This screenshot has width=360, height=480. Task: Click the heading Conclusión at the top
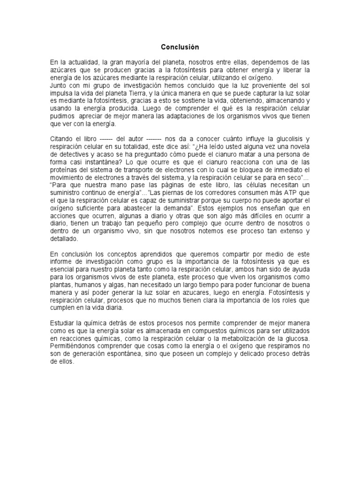point(180,47)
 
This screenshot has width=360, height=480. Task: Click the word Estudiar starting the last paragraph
point(64,323)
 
